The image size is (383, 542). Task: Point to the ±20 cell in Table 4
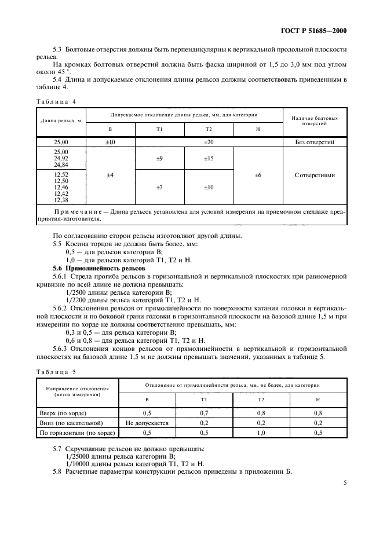click(209, 142)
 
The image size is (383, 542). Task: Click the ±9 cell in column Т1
click(159, 158)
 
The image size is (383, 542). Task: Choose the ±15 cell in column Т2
click(209, 158)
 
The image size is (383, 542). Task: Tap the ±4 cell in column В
click(110, 174)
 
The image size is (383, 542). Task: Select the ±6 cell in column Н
click(258, 174)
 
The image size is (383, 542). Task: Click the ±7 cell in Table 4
click(159, 187)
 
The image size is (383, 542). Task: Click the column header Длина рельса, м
click(60, 120)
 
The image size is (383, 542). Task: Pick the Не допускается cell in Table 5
click(147, 423)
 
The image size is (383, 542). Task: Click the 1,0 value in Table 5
click(261, 432)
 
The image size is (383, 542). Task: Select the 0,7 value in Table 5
click(203, 413)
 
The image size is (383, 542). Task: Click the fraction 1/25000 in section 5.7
click(79, 456)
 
